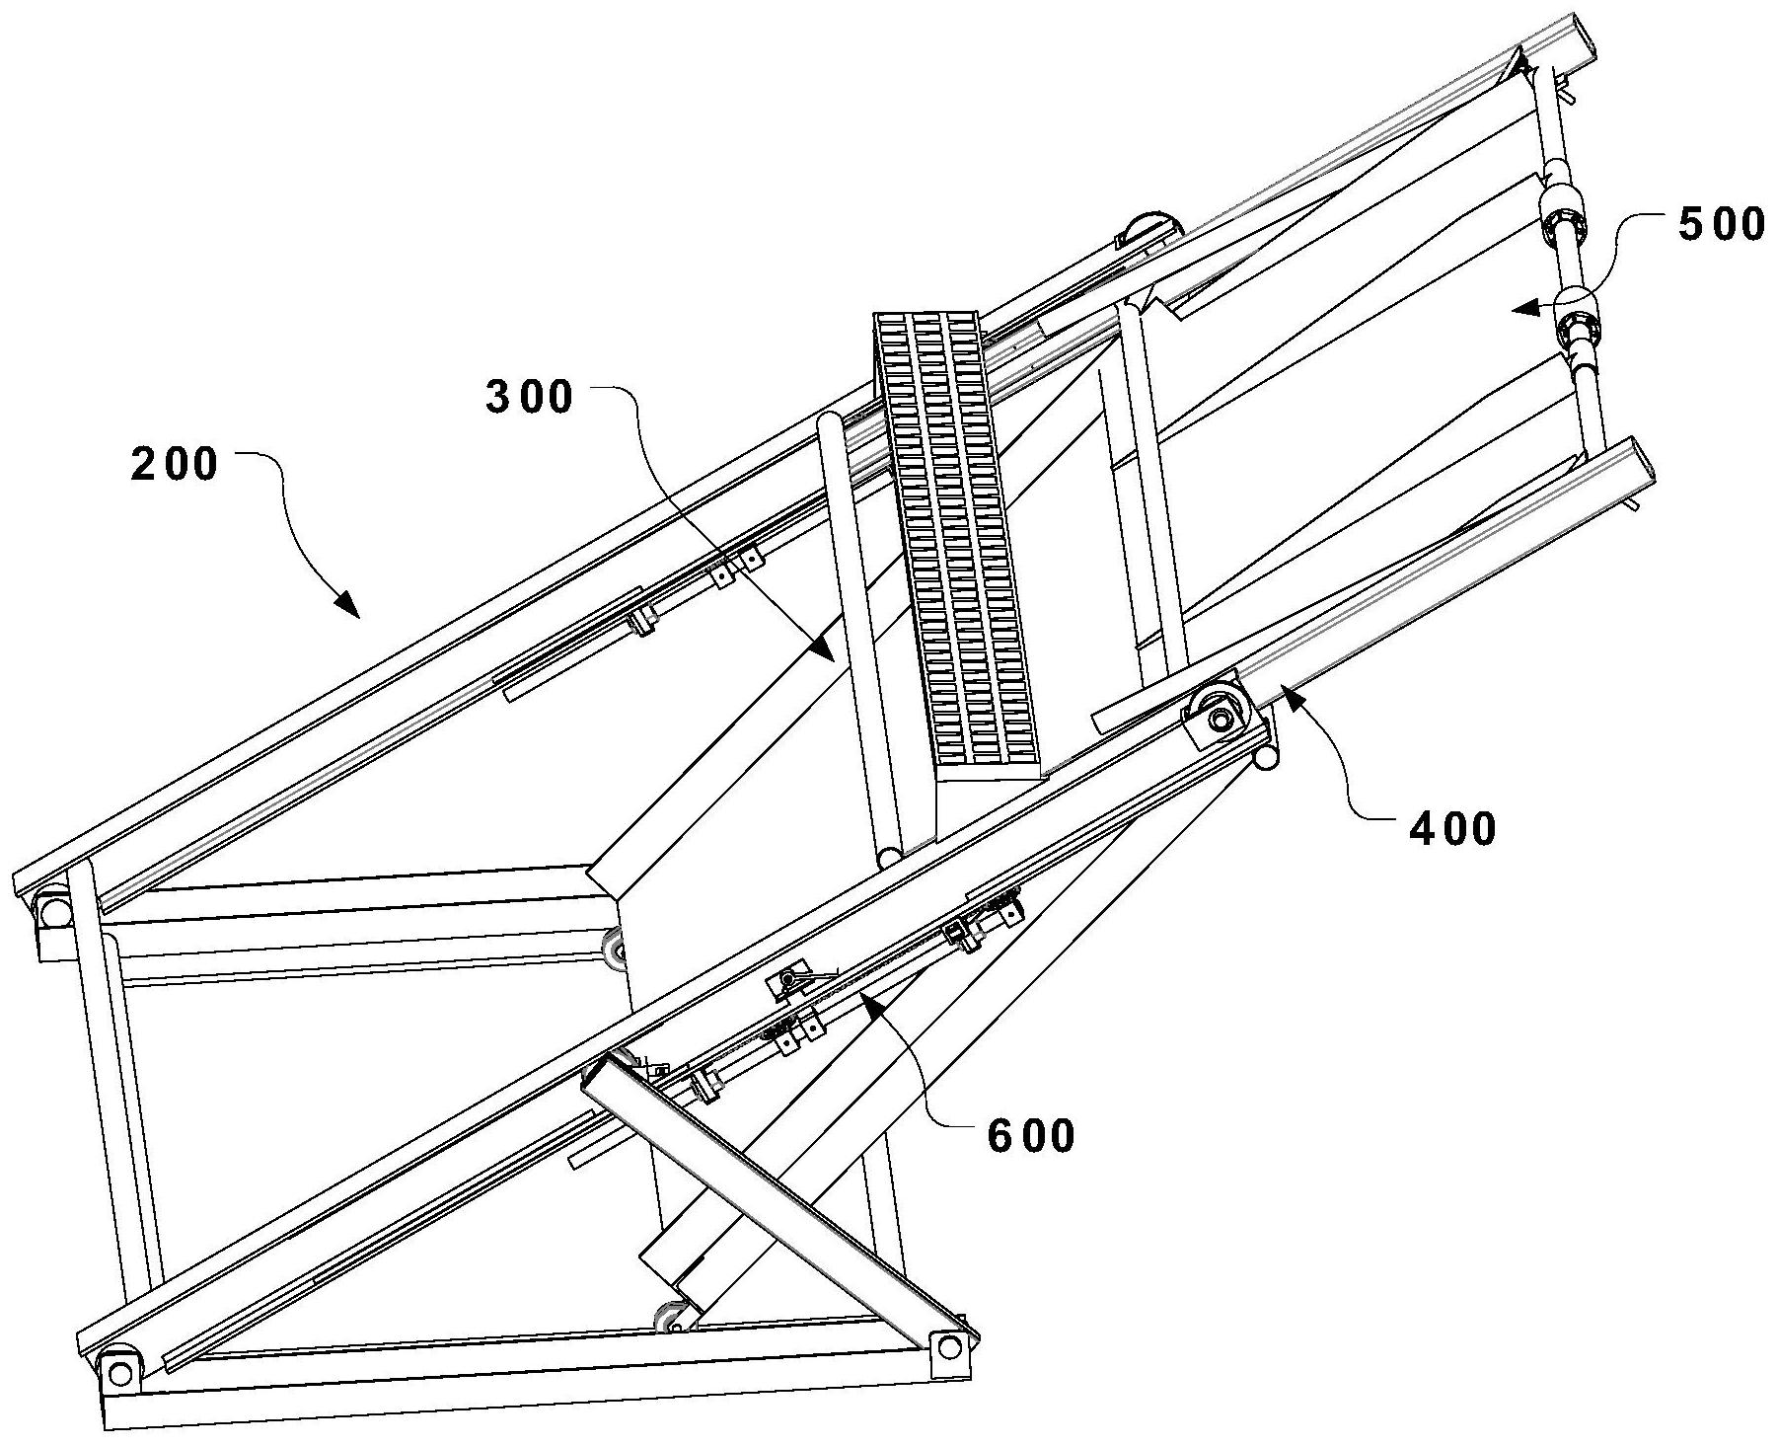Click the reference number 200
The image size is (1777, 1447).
point(175,463)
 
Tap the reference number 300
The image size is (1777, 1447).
point(529,397)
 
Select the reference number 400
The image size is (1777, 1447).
point(1452,829)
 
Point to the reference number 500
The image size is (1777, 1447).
point(1721,225)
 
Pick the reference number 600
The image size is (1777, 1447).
point(1031,1137)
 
